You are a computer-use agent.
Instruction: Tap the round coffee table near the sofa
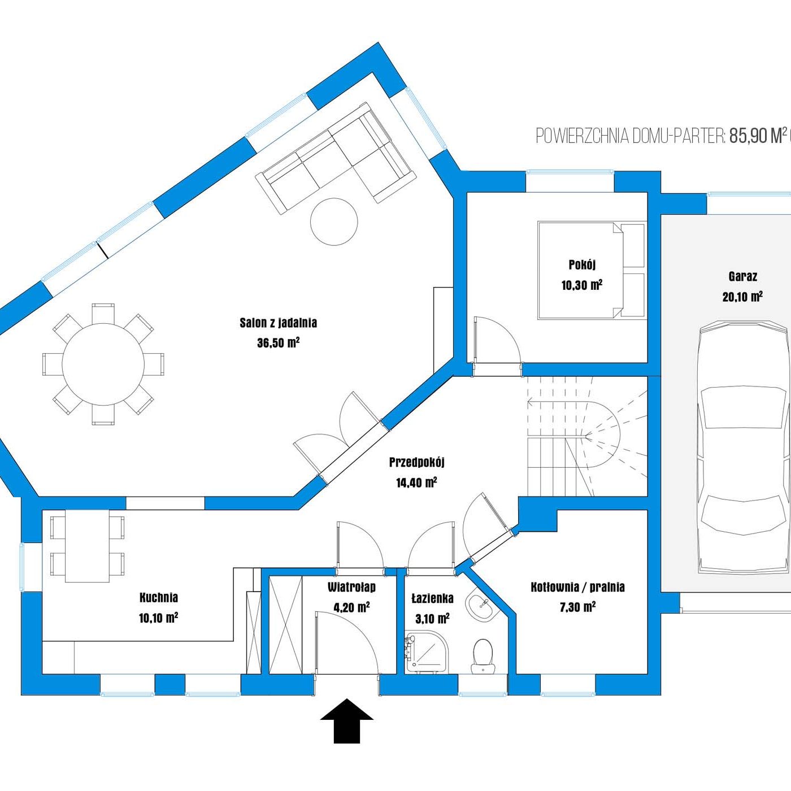click(x=334, y=221)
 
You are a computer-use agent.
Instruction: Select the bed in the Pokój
click(x=591, y=270)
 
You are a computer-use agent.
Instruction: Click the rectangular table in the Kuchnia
click(x=88, y=546)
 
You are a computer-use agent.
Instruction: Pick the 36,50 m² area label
click(x=278, y=343)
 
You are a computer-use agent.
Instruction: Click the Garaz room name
click(x=742, y=276)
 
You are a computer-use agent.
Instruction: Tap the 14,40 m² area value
click(x=416, y=483)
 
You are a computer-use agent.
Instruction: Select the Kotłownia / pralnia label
click(x=577, y=588)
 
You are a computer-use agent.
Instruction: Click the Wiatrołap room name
click(x=351, y=588)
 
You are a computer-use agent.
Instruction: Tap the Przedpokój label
click(x=416, y=463)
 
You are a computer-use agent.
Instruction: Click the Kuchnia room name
click(x=159, y=598)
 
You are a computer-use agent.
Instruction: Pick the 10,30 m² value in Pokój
click(x=581, y=285)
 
